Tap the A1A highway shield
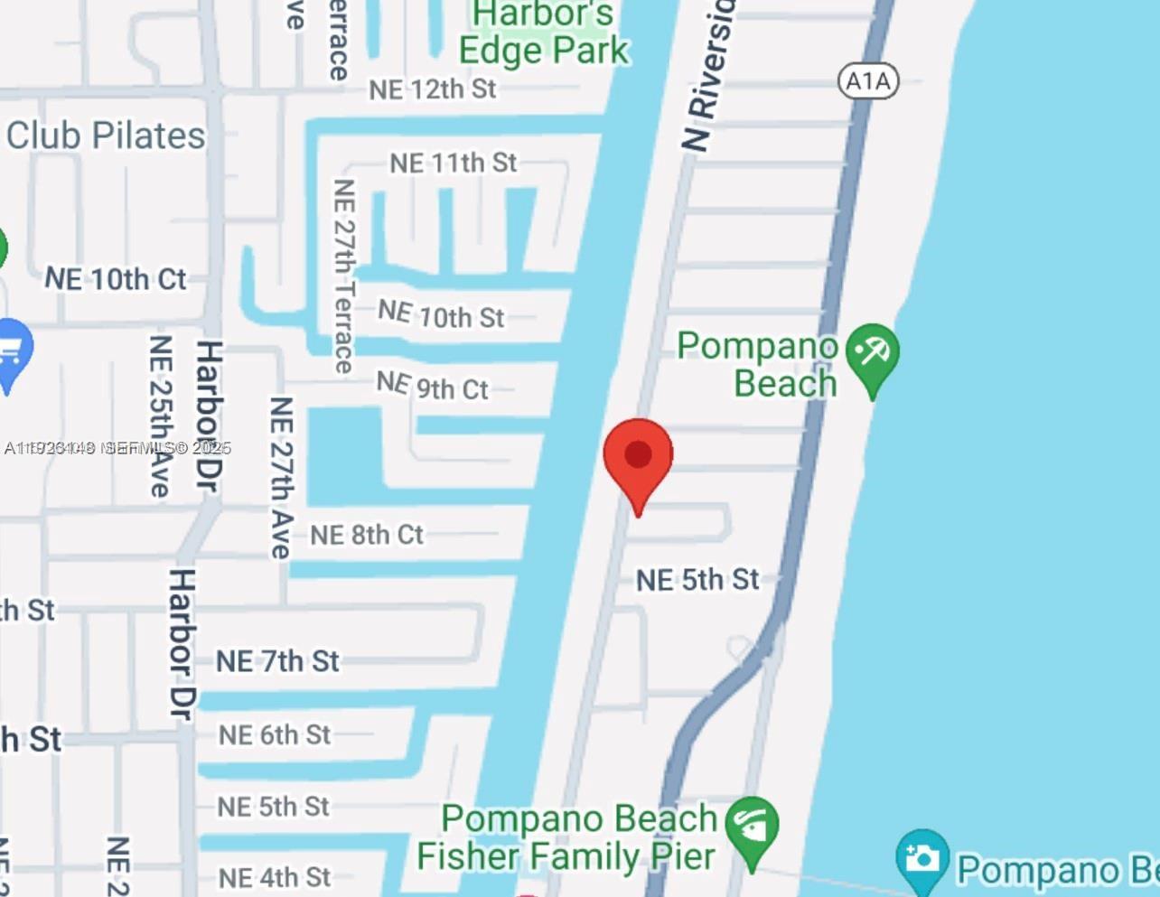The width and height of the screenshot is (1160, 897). (x=868, y=81)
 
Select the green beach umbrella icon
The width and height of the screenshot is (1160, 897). (x=873, y=354)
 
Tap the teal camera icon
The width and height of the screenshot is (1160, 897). (x=921, y=859)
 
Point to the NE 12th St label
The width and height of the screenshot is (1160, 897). (x=433, y=89)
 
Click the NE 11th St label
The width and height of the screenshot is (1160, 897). (x=454, y=164)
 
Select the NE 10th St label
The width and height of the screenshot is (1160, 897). (x=441, y=314)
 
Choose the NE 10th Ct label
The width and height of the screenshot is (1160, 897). (x=116, y=279)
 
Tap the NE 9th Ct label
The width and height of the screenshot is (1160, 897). (x=432, y=387)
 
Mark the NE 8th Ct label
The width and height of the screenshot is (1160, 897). (x=367, y=535)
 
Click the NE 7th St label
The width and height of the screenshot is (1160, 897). (x=277, y=661)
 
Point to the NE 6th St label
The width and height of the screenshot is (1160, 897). (x=275, y=735)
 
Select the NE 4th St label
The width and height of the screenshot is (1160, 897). (x=275, y=877)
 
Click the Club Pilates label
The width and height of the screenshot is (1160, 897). (x=106, y=135)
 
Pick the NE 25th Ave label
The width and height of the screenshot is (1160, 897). (x=160, y=416)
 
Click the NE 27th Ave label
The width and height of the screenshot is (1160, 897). (x=281, y=477)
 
